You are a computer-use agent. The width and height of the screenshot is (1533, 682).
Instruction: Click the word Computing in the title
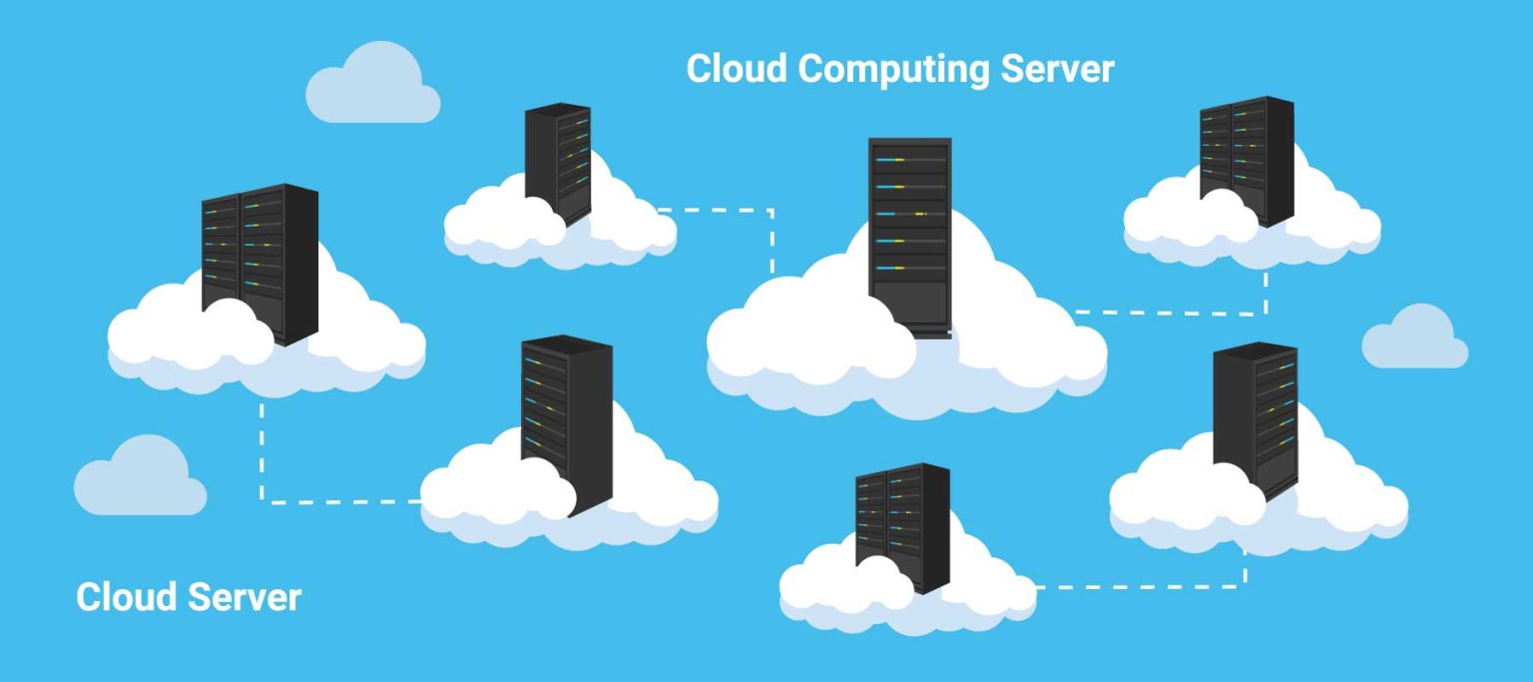click(894, 70)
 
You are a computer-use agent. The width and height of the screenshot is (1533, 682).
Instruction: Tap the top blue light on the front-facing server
click(891, 160)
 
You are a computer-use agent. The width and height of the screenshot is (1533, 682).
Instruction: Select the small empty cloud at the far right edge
click(1416, 338)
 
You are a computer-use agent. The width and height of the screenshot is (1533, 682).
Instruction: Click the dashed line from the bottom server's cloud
click(1138, 586)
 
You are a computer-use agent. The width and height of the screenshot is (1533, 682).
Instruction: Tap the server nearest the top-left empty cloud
click(558, 162)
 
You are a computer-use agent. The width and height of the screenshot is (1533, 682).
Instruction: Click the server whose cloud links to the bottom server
click(1255, 419)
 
